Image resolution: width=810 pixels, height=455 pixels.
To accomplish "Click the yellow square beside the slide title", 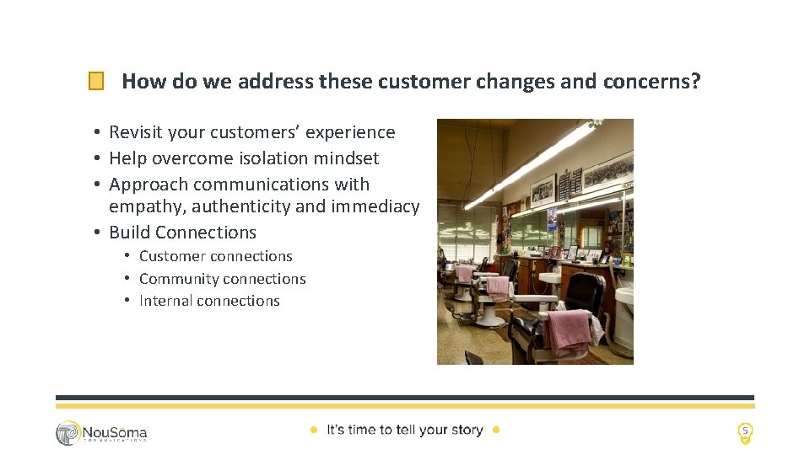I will [96, 82].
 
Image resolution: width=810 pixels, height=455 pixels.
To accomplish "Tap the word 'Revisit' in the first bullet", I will [136, 132].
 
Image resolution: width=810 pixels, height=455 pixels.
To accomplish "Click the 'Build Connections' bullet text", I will [182, 232].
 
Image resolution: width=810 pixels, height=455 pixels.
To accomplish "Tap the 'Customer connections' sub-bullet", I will [215, 256].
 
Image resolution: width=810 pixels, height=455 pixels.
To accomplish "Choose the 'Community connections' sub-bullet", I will [222, 279].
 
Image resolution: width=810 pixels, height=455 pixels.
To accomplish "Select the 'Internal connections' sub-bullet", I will [209, 301].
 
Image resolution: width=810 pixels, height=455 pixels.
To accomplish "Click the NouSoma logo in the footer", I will [101, 432].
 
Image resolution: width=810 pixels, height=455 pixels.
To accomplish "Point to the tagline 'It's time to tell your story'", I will [404, 430].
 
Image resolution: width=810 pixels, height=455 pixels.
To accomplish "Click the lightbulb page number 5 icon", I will [744, 432].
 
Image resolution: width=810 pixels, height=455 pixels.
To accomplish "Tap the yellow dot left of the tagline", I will [313, 430].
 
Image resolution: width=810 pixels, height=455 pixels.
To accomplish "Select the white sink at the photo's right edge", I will [625, 297].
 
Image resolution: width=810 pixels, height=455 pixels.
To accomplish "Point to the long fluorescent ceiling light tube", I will [532, 164].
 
